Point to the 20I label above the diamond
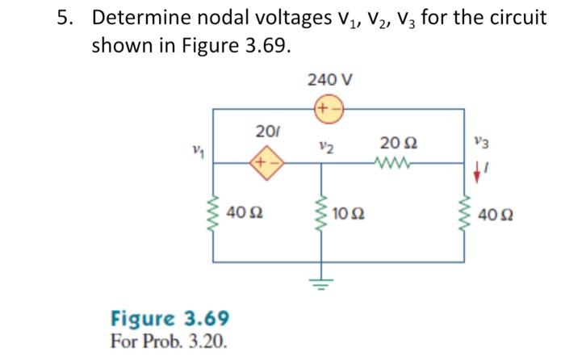[x=265, y=132]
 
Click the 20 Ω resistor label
[x=399, y=143]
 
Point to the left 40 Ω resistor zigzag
[x=215, y=214]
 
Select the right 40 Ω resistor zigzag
[x=464, y=215]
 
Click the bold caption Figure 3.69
[x=169, y=316]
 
